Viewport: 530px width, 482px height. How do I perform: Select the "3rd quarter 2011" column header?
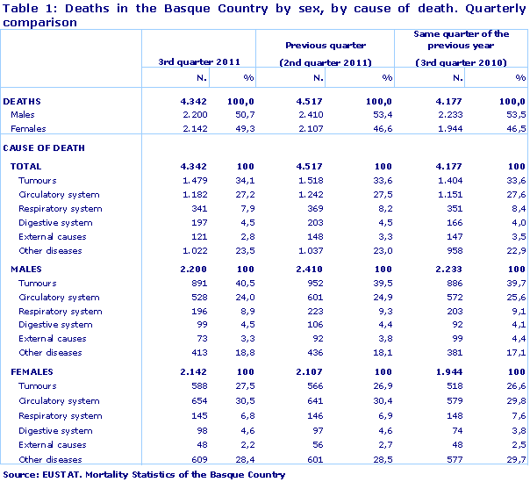click(199, 61)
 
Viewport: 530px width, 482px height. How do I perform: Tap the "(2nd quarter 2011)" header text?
click(326, 61)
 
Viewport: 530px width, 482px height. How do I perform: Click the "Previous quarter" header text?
click(326, 44)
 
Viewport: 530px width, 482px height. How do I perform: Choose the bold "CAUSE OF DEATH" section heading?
click(44, 147)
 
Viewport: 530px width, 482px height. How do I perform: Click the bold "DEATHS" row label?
click(23, 101)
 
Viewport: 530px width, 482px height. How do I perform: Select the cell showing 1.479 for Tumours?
click(190, 180)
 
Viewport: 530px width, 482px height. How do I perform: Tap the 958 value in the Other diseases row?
click(450, 250)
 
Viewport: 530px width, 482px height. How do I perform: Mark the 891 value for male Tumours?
click(195, 283)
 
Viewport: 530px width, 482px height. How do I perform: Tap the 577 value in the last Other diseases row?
click(450, 458)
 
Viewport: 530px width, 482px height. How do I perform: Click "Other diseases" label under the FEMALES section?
click(50, 458)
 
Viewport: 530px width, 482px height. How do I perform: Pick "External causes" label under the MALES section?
click(52, 338)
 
